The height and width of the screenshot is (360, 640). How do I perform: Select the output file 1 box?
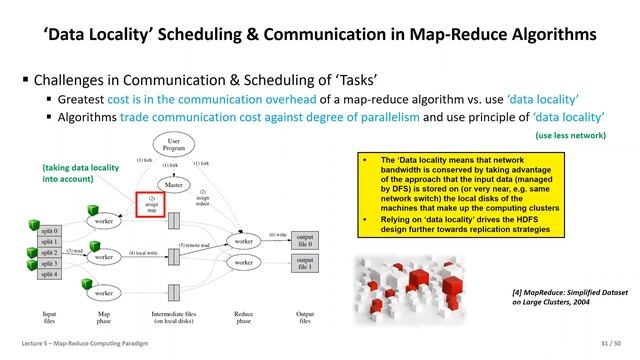pyautogui.click(x=306, y=264)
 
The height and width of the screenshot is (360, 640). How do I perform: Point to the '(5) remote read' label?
pyautogui.click(x=196, y=244)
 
